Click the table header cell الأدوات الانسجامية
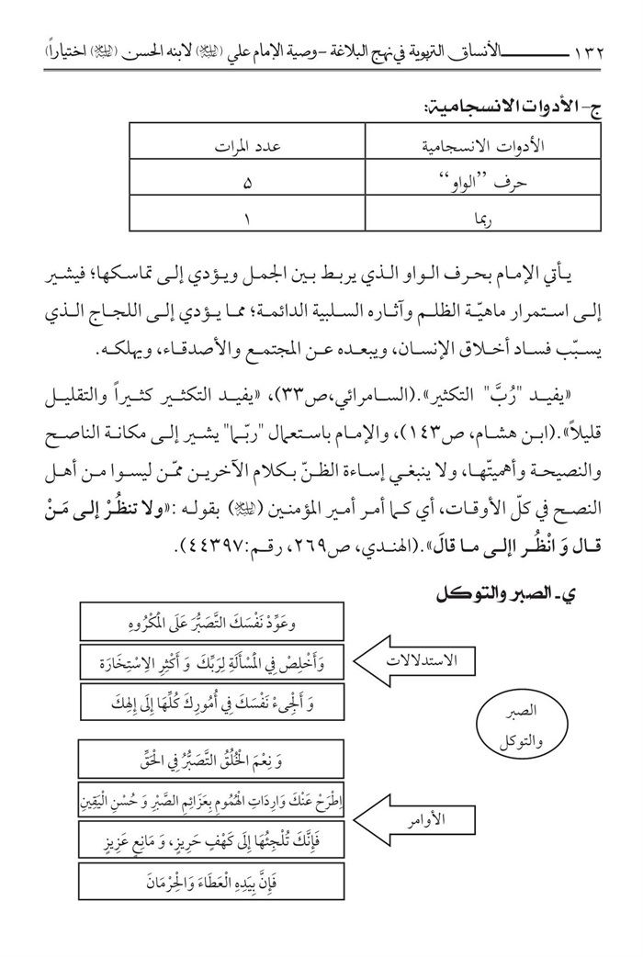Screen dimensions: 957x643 point(489,147)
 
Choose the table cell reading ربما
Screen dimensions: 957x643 point(490,219)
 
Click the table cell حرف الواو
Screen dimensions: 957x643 point(490,182)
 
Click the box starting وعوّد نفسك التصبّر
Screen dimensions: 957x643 point(212,621)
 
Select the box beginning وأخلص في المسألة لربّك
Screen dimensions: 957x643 point(212,661)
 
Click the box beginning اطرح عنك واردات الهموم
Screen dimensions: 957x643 point(212,799)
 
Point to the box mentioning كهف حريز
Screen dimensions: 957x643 point(212,840)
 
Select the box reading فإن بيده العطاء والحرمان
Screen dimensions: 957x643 point(212,882)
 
